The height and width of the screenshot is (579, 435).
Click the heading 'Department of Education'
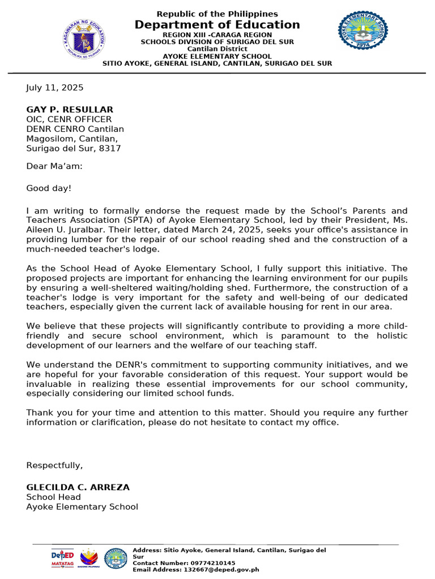coord(217,25)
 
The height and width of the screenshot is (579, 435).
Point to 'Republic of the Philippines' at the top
coord(217,14)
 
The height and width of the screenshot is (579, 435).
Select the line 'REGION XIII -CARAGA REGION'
coord(217,35)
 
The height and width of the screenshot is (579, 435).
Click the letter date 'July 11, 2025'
coord(55,88)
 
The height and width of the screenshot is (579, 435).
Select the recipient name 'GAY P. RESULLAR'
coord(70,109)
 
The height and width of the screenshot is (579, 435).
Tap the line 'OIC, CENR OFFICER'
coord(69,119)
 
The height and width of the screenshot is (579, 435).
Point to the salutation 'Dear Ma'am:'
coord(54,166)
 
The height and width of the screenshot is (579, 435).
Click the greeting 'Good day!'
coord(49,188)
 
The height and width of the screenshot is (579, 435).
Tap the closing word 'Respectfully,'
coord(54,465)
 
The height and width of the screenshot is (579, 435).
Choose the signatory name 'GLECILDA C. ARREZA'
coord(78,487)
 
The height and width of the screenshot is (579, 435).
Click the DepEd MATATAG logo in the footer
coord(62,558)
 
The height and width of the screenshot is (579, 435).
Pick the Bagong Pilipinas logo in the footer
coord(89,558)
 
